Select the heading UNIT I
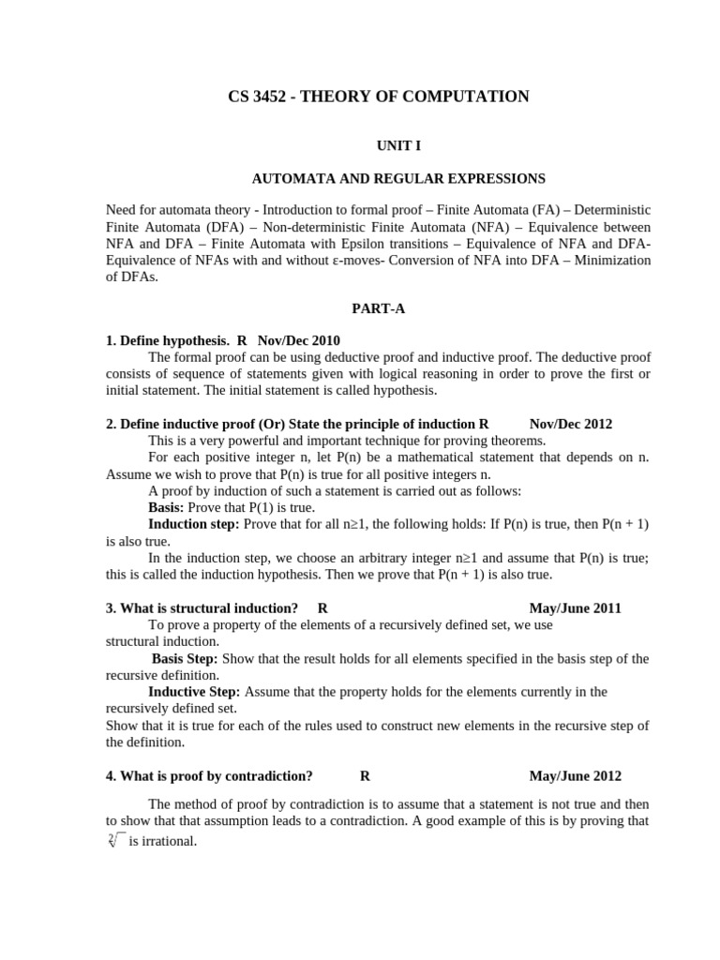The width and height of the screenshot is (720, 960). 379,147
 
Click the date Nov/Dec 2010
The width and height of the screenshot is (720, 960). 299,340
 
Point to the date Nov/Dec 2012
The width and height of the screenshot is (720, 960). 571,424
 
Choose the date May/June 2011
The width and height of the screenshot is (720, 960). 576,607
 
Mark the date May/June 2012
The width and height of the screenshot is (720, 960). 576,775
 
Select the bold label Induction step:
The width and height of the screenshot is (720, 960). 194,524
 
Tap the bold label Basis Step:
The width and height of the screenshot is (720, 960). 184,658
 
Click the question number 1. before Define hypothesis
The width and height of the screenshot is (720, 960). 111,340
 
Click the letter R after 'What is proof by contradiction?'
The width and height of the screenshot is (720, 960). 365,775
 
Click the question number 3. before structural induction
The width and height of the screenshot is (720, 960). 111,607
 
